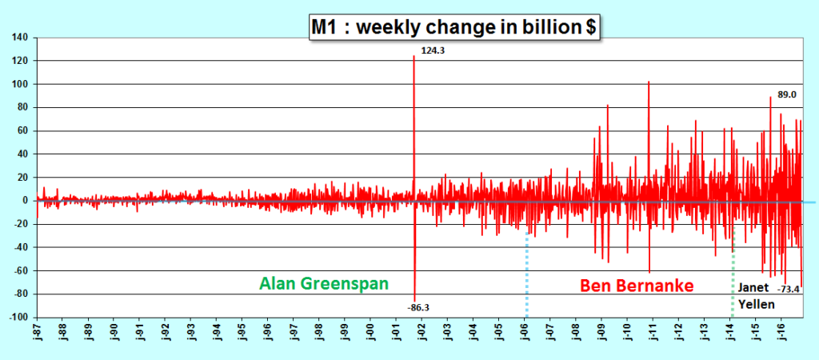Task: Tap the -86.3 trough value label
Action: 419,306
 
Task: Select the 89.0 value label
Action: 787,94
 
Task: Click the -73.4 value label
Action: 789,289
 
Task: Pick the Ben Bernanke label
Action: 637,284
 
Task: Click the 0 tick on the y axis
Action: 26,201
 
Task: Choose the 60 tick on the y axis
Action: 22,131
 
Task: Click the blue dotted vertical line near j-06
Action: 526,272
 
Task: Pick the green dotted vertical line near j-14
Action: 732,272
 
